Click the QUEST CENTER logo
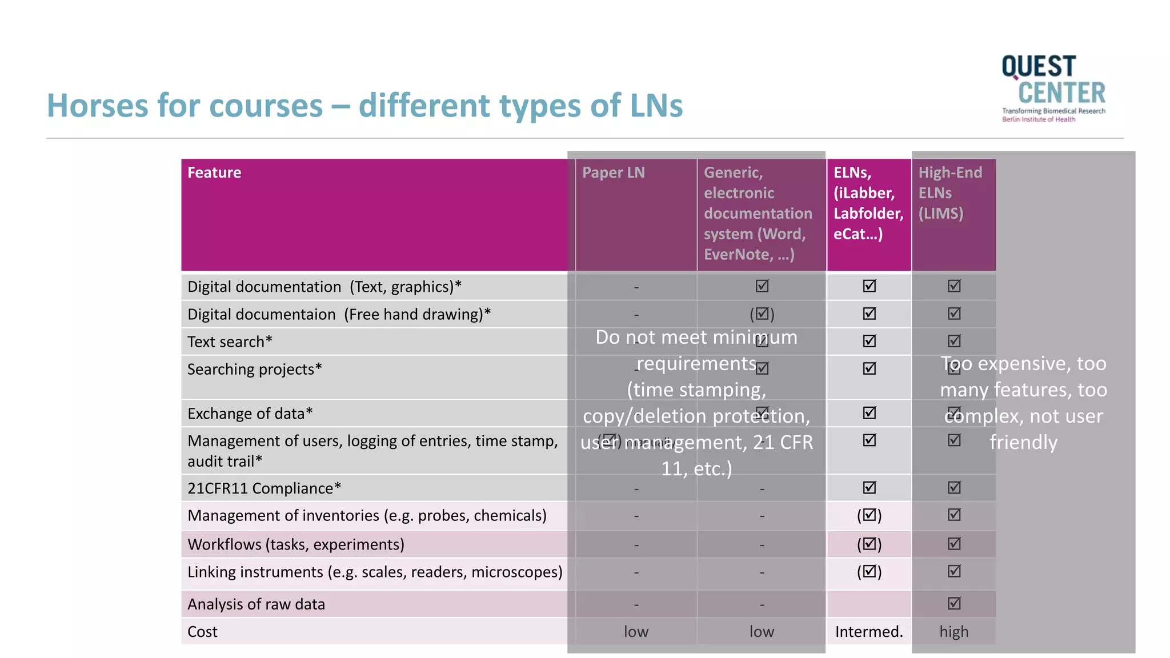[1053, 88]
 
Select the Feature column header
[214, 172]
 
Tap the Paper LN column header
[613, 172]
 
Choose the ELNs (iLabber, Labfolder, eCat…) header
[868, 203]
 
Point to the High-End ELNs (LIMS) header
[949, 193]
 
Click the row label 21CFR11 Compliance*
[264, 488]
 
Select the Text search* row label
[230, 342]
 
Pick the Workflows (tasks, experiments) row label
[296, 544]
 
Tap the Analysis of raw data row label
[256, 604]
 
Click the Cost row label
[203, 632]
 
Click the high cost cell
[953, 632]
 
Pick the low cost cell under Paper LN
[636, 632]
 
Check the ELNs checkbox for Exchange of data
[869, 412]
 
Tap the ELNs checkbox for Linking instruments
[869, 571]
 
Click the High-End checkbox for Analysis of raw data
[954, 603]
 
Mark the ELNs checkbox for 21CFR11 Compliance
[869, 487]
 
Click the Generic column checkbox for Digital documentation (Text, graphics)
[762, 286]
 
